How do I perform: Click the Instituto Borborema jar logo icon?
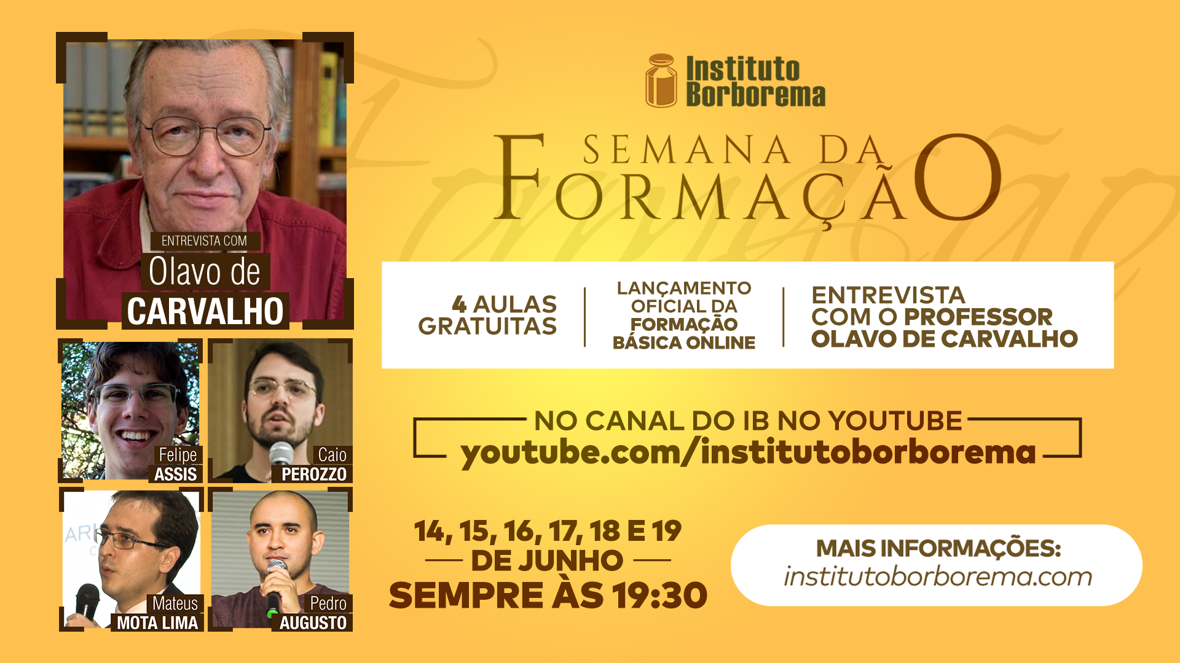661,80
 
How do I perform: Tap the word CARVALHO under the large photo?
205,311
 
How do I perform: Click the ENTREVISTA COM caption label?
204,241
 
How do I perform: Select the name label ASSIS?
176,474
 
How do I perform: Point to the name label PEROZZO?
314,474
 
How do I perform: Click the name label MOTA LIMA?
157,622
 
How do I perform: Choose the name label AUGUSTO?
313,622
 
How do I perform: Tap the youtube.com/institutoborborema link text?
748,453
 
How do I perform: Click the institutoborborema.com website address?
938,576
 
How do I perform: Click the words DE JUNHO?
547,560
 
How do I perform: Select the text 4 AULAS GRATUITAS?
488,315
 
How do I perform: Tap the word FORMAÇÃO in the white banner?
684,324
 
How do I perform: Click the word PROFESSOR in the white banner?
978,317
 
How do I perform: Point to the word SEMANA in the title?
686,150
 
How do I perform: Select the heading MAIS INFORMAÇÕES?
938,548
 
